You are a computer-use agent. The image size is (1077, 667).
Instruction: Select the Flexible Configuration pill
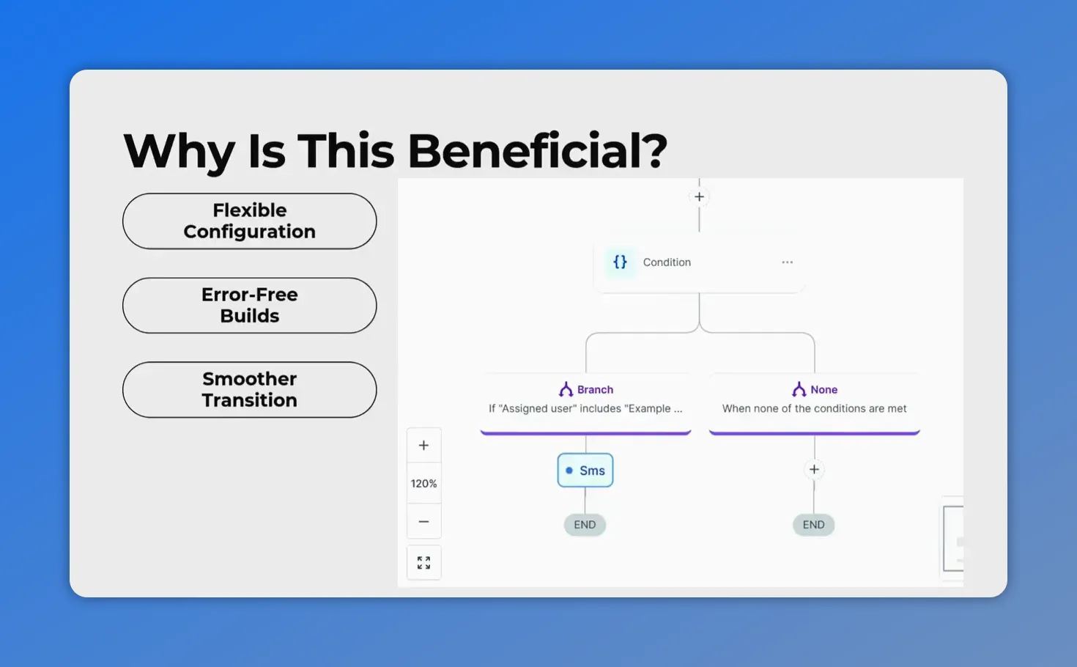249,221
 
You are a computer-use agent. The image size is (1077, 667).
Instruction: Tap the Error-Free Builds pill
249,305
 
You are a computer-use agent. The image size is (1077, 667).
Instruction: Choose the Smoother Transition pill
249,389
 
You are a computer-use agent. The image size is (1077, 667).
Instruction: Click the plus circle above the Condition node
699,196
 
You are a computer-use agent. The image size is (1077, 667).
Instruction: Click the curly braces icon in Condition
620,262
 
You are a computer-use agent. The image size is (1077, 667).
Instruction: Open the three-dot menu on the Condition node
787,262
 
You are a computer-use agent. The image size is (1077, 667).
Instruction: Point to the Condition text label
667,262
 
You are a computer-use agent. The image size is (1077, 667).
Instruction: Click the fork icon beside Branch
566,389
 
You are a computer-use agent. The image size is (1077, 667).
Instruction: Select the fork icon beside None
799,389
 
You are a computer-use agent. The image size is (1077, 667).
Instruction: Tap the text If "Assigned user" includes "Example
585,408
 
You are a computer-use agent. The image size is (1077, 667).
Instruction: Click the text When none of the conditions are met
814,408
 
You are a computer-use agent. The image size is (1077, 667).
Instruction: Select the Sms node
585,471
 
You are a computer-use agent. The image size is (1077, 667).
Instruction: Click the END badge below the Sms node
585,525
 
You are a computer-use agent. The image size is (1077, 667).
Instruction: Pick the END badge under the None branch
813,525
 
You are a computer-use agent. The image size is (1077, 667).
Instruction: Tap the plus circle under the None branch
814,469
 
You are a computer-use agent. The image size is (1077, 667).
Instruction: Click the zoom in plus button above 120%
423,445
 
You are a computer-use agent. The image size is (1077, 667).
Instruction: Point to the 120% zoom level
423,484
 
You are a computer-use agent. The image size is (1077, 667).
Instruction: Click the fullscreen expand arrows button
423,562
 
